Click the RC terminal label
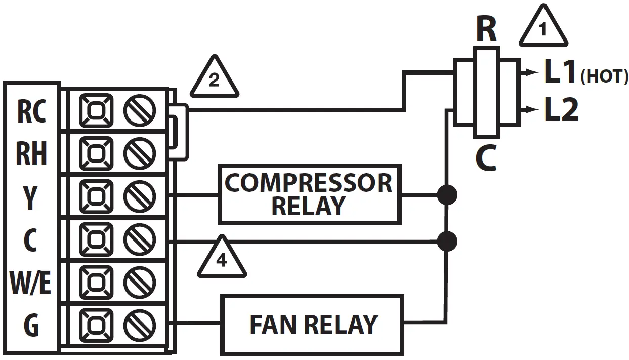point(31,111)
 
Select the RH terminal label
point(31,153)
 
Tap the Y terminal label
point(30,198)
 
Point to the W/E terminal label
point(30,283)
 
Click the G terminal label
point(31,325)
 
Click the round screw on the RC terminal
point(140,111)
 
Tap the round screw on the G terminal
point(140,325)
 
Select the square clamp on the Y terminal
point(96,196)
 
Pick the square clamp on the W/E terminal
point(96,283)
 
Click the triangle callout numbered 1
point(543,26)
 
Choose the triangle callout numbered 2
point(215,76)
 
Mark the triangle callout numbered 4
point(222,257)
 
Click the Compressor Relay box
point(310,194)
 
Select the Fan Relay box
point(312,325)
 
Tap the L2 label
point(562,109)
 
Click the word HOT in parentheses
point(604,76)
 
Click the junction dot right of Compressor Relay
point(447,195)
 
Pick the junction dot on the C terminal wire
point(447,242)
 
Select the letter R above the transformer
point(487,29)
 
